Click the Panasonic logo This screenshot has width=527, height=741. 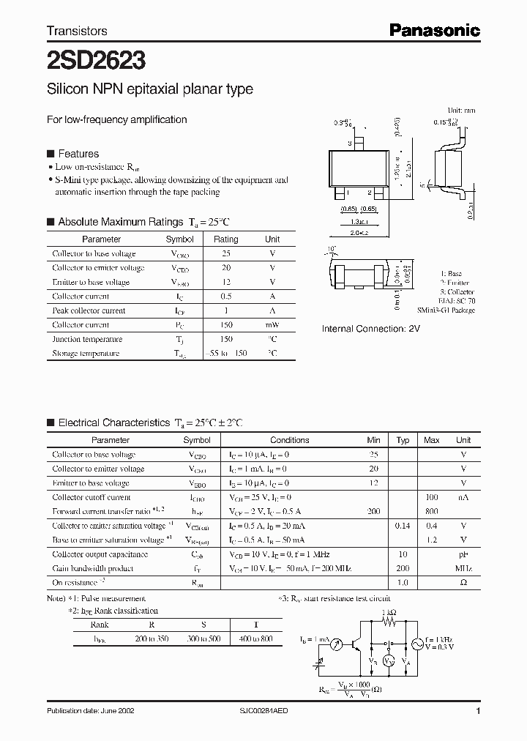point(434,30)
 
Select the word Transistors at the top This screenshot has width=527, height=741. point(77,31)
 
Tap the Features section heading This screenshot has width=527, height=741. point(78,154)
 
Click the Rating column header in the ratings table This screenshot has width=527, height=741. point(225,239)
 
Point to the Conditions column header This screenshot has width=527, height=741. point(289,440)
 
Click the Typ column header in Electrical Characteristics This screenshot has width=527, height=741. point(403,440)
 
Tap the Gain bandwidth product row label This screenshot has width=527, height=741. point(93,568)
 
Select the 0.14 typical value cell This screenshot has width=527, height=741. point(403,526)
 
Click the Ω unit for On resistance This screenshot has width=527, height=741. point(463,583)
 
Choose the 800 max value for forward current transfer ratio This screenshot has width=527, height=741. point(431,511)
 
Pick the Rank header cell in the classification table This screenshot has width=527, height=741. point(100,625)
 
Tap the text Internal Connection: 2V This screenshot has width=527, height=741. point(371,329)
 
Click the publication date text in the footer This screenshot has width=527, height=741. point(90,711)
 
